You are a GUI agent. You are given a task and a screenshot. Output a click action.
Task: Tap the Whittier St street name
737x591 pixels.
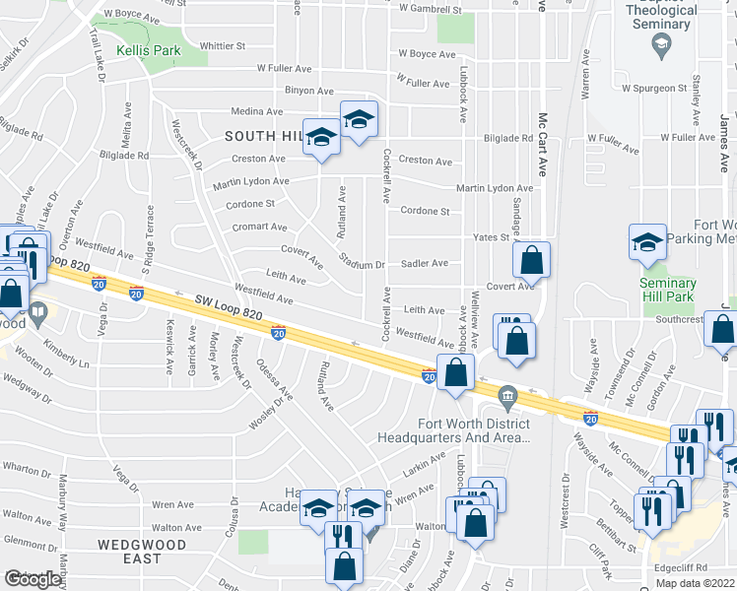[222, 45]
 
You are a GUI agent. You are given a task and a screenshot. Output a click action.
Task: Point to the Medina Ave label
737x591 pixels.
[257, 111]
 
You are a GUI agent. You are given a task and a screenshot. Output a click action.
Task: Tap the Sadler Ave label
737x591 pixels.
[424, 263]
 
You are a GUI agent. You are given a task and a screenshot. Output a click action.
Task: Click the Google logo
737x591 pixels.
[33, 579]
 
